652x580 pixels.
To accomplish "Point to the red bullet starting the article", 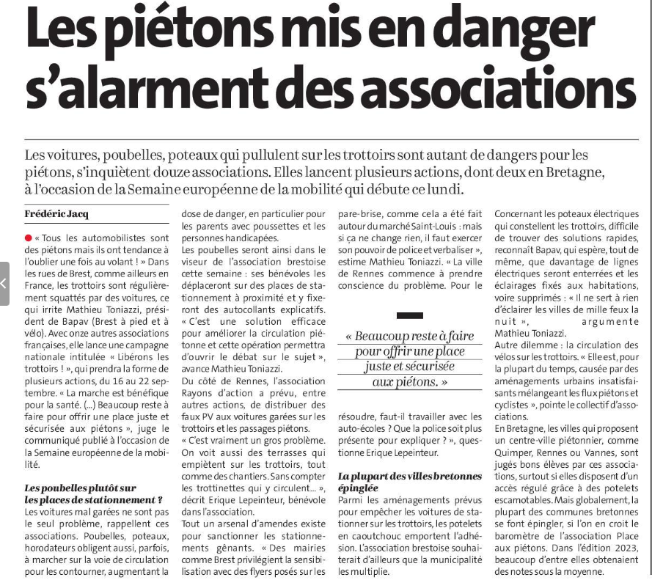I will pyautogui.click(x=28, y=239).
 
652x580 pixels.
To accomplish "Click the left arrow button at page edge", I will pyautogui.click(x=4, y=282).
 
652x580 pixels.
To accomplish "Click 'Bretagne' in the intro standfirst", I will pyautogui.click(x=572, y=173).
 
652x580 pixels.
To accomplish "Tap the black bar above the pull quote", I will pyautogui.click(x=409, y=315).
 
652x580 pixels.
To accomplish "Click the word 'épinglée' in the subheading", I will pyautogui.click(x=359, y=487).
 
